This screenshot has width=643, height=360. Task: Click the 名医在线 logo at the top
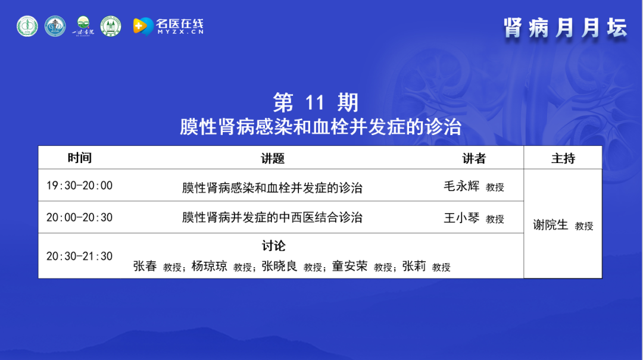click(x=168, y=27)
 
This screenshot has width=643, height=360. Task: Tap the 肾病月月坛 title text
click(x=566, y=29)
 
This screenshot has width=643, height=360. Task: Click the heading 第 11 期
click(x=316, y=102)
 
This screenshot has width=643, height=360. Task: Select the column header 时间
click(x=80, y=158)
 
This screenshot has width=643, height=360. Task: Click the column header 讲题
click(x=273, y=158)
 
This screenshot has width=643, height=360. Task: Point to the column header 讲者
click(x=474, y=158)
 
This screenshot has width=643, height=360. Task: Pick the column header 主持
click(x=563, y=158)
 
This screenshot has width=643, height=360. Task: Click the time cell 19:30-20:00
click(x=80, y=186)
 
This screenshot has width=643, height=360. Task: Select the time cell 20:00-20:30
click(x=80, y=217)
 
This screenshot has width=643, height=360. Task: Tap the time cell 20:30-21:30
click(x=80, y=256)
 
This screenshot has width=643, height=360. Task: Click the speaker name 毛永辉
click(x=461, y=186)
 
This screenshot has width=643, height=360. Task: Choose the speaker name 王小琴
click(x=461, y=218)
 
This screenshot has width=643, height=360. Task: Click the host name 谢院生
click(x=550, y=225)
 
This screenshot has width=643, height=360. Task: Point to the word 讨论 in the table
click(x=273, y=246)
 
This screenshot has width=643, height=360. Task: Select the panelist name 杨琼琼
click(x=209, y=266)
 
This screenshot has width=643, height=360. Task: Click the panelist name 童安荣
click(x=350, y=266)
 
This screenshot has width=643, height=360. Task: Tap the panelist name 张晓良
click(x=279, y=266)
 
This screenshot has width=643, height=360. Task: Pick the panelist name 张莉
click(x=414, y=266)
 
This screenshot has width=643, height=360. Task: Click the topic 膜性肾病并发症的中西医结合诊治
click(x=272, y=217)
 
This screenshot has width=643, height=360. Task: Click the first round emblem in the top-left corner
click(x=27, y=26)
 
